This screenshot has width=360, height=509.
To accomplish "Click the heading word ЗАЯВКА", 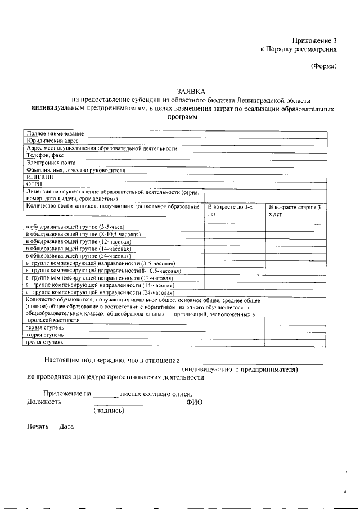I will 191,91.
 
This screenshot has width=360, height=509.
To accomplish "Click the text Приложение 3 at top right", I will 314,40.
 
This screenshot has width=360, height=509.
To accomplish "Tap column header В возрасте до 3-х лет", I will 230,210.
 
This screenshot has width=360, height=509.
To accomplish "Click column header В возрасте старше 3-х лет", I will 295,210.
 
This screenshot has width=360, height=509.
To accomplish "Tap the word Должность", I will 44,402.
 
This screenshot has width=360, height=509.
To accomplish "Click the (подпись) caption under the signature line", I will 109,411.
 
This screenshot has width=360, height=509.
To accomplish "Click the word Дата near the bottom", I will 66,426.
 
